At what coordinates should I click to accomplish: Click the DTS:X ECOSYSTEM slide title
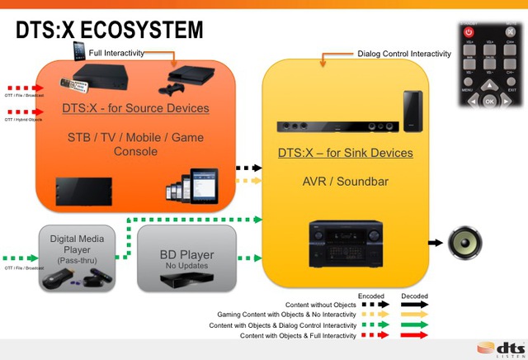click(110, 31)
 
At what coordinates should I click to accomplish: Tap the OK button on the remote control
click(490, 102)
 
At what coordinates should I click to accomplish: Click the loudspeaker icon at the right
click(468, 243)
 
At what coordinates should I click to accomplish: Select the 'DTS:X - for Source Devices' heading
click(135, 108)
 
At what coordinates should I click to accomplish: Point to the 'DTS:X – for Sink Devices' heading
click(345, 153)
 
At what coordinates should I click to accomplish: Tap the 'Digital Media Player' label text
click(76, 245)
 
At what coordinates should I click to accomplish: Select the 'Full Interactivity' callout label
click(117, 53)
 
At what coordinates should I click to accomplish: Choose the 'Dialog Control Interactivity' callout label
click(404, 54)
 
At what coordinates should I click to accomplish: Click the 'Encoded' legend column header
click(371, 296)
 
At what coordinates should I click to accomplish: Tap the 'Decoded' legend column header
click(414, 296)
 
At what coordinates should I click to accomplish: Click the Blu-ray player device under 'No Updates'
click(183, 280)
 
